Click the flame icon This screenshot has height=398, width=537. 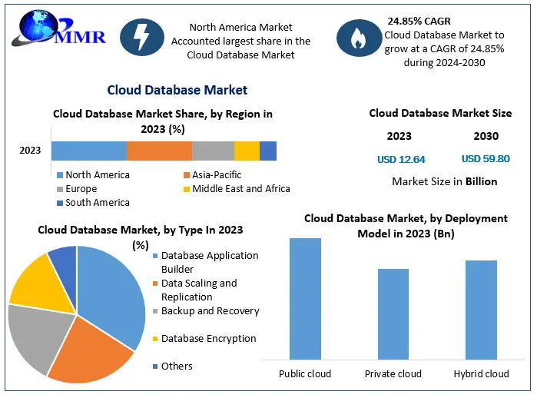(x=358, y=39)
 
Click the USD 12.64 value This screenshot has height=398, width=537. (x=401, y=160)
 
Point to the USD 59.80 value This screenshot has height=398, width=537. (x=486, y=159)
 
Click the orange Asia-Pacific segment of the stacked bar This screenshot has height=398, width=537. (x=159, y=151)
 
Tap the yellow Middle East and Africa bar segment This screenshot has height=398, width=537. (x=247, y=151)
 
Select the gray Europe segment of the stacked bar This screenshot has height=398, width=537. (x=213, y=151)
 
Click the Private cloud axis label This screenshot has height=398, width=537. (x=393, y=374)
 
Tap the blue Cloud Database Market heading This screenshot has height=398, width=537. (x=177, y=91)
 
